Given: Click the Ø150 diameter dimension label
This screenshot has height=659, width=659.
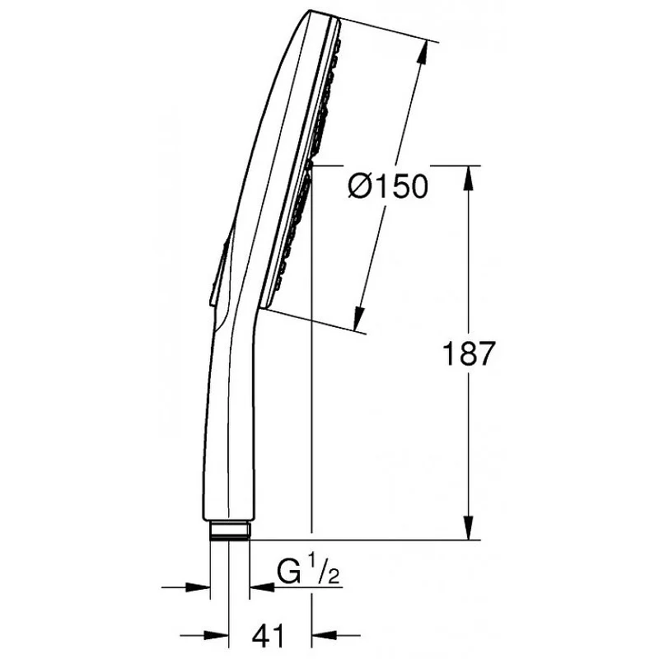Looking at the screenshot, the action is click(x=388, y=186).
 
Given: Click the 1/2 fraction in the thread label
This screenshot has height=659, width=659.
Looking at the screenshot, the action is click(x=324, y=568).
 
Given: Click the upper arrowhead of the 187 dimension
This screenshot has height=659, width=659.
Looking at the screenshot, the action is click(x=469, y=180).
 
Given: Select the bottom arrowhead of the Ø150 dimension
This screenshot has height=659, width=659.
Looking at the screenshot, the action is click(x=358, y=318).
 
